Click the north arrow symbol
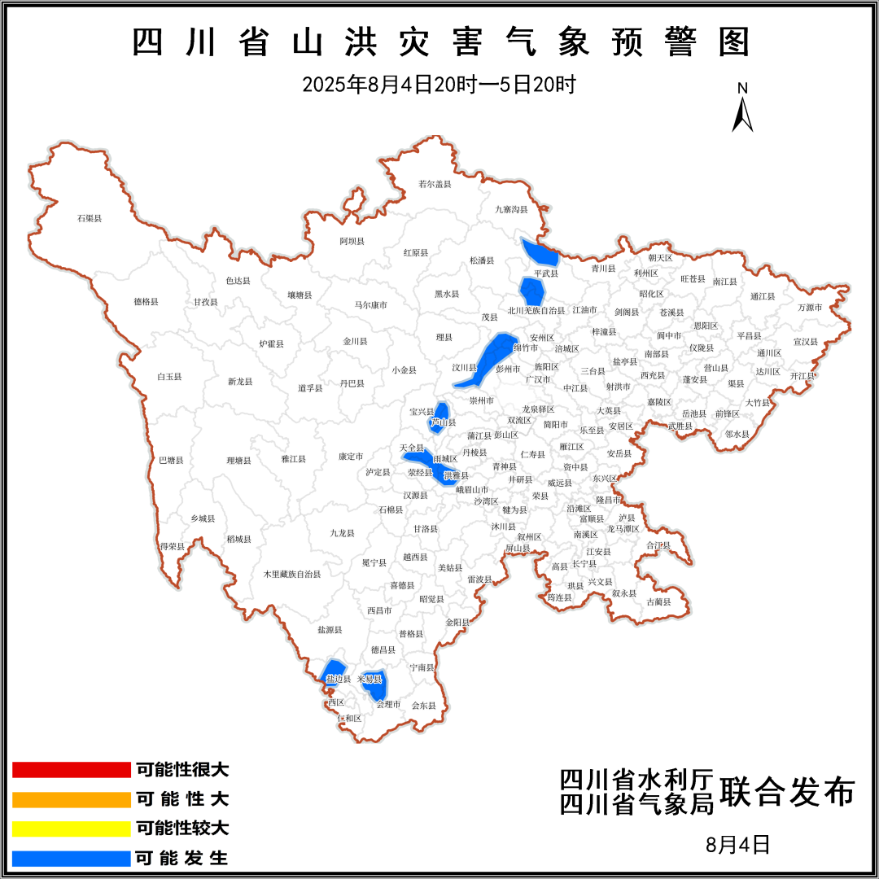click(742, 110)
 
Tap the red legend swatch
click(72, 769)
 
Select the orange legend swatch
click(72, 799)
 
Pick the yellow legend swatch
click(72, 829)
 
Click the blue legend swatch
click(72, 858)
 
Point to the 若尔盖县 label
click(434, 184)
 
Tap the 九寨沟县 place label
click(511, 209)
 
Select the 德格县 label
click(146, 301)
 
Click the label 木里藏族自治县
click(291, 574)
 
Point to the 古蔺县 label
click(658, 602)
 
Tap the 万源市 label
click(810, 308)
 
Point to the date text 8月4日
click(737, 844)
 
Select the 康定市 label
click(351, 457)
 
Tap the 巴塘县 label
click(171, 460)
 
